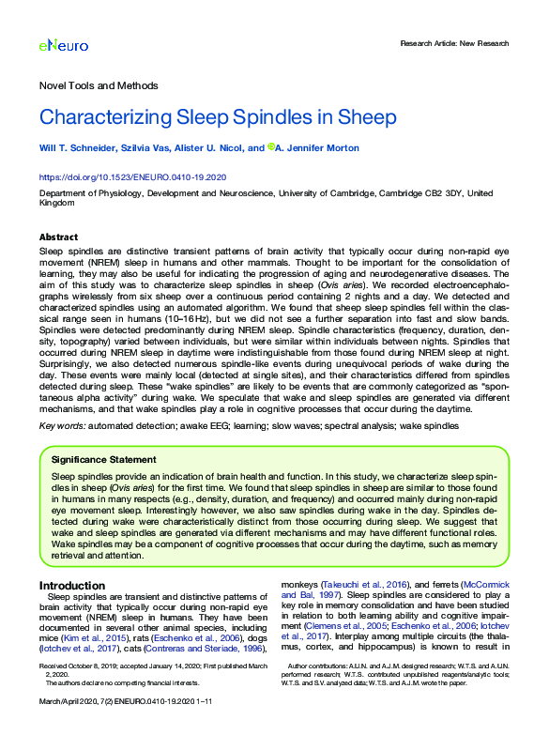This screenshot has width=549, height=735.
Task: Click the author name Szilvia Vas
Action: click(146, 147)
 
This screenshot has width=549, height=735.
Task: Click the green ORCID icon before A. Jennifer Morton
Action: click(271, 146)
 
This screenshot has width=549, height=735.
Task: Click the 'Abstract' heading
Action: click(58, 237)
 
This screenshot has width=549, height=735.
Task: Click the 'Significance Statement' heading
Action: click(103, 460)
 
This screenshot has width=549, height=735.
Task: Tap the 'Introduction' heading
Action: click(72, 585)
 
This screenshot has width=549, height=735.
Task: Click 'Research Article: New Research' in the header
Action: click(454, 43)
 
